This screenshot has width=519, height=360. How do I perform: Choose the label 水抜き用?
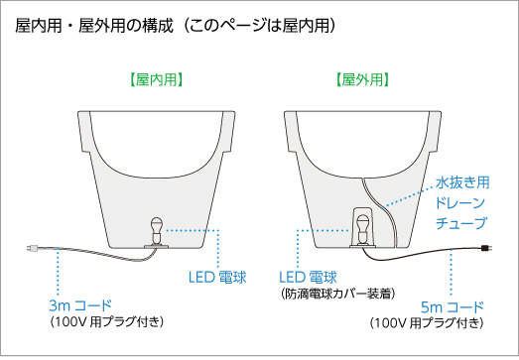[463, 182]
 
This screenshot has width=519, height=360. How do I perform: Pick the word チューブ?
[464, 224]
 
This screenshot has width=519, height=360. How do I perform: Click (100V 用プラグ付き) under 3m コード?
[106, 322]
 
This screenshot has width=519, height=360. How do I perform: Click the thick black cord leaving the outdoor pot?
[427, 255]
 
